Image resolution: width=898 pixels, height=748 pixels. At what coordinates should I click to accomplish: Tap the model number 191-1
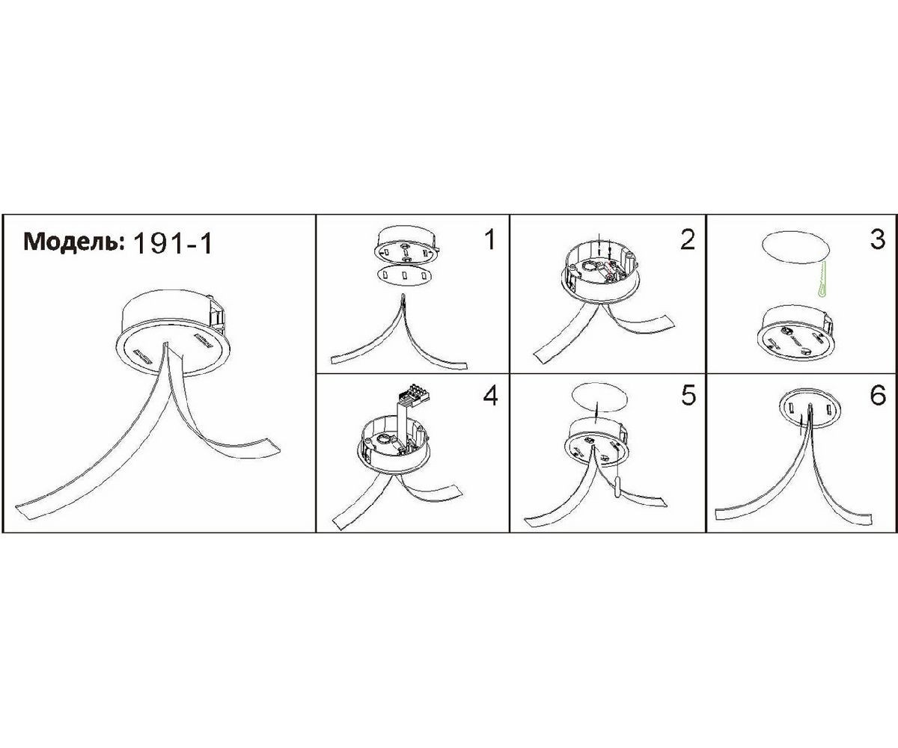point(174,244)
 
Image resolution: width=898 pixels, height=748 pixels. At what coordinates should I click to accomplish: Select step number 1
point(490,239)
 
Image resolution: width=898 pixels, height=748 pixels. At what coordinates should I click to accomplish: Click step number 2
point(688,239)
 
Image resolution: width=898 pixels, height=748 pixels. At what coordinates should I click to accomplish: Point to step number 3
point(878,239)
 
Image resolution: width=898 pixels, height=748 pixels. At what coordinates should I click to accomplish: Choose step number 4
point(490,396)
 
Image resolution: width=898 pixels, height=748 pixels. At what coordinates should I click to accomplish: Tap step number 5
point(688,396)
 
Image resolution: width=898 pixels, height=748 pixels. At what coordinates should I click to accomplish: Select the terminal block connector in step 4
point(416,395)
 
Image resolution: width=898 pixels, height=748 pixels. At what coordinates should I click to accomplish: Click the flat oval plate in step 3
point(795,248)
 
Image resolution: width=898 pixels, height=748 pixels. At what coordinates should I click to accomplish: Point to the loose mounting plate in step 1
point(404,274)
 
